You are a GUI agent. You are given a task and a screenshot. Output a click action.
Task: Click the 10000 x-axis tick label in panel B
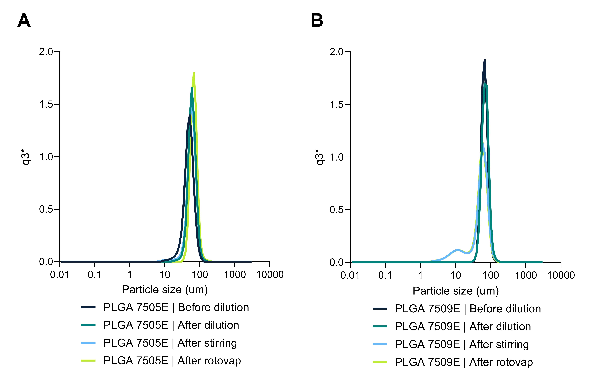pyautogui.click(x=561, y=275)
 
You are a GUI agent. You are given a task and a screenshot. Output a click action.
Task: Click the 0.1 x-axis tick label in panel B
pyautogui.click(x=385, y=275)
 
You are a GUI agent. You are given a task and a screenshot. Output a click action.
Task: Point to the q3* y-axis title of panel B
pyautogui.click(x=320, y=157)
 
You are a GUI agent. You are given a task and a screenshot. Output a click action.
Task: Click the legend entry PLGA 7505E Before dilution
pyautogui.click(x=176, y=307)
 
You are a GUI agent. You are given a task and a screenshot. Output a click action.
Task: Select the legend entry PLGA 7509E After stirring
pyautogui.click(x=462, y=344)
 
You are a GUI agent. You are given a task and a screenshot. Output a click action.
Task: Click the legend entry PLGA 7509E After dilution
pyautogui.click(x=463, y=326)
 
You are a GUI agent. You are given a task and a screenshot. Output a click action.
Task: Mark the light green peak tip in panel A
pyautogui.click(x=194, y=73)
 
